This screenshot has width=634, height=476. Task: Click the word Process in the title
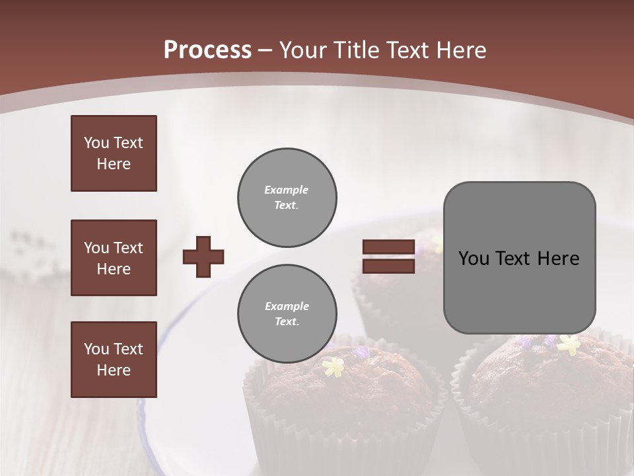click(207, 50)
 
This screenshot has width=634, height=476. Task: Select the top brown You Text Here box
click(114, 153)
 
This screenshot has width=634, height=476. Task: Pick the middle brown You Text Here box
click(114, 258)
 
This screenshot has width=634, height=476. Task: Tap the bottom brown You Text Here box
click(114, 360)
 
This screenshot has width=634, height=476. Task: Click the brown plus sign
click(203, 257)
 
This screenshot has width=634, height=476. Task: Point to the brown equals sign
click(388, 257)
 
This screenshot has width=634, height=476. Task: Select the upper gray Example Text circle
click(287, 197)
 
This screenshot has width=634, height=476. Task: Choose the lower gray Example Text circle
click(287, 313)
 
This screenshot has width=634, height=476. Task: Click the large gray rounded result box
click(519, 258)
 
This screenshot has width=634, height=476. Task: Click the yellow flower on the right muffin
click(568, 344)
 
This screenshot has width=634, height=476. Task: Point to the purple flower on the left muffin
click(362, 352)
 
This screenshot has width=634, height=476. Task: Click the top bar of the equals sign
click(388, 247)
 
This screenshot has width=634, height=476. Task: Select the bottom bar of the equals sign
click(388, 266)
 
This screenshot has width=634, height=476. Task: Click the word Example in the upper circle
click(287, 190)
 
